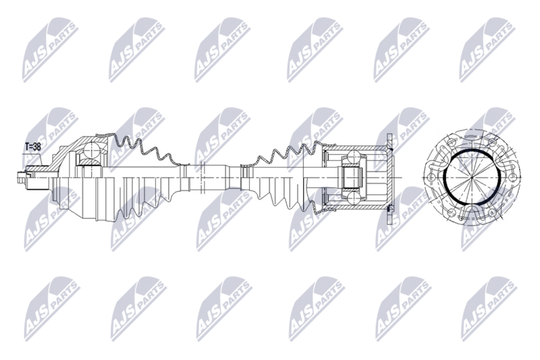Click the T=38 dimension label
tap(33, 147)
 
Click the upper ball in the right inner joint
tap(354, 157)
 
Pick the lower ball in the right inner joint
tap(354, 198)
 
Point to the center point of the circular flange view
tap(471, 177)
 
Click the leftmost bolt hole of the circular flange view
tap(430, 178)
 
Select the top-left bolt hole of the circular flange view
tap(452, 141)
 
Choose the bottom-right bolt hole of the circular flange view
tap(493, 213)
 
